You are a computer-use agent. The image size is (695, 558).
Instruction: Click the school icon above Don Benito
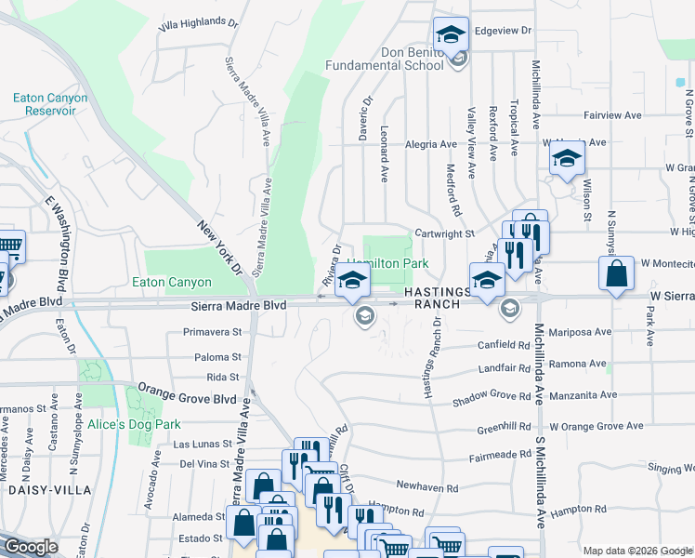tap(451, 37)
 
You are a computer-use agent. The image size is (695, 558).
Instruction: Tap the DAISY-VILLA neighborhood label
tap(50, 489)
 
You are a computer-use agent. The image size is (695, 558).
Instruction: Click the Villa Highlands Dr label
tap(199, 26)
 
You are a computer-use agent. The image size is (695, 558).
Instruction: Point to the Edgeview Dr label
tap(503, 31)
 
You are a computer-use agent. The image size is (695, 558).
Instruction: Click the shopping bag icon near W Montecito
tap(617, 273)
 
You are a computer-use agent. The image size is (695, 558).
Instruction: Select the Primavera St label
tap(212, 331)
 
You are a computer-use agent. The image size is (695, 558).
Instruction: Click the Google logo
tap(32, 548)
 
